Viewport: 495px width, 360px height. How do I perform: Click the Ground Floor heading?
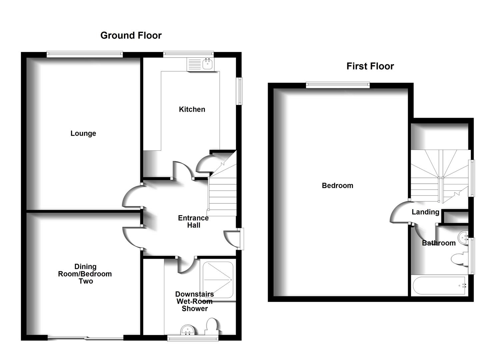click(x=131, y=35)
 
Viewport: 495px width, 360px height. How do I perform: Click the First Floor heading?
click(x=370, y=66)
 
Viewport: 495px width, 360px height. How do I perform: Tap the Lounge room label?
click(x=83, y=133)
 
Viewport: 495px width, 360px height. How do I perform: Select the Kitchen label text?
click(x=192, y=109)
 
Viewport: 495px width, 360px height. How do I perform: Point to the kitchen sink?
click(x=202, y=64)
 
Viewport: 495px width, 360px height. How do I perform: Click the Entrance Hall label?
click(x=193, y=222)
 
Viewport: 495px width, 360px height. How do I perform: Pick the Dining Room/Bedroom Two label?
click(x=85, y=274)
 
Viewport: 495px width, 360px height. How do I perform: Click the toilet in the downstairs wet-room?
click(x=211, y=326)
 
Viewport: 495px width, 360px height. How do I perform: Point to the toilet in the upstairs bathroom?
click(x=459, y=259)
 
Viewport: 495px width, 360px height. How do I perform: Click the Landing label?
click(x=425, y=212)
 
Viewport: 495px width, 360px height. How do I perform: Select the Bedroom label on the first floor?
click(x=337, y=186)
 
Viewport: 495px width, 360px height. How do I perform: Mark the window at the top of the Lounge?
click(x=85, y=54)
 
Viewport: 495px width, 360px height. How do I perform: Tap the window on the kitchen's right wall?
click(x=239, y=91)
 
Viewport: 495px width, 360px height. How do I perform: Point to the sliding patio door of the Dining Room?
click(x=85, y=338)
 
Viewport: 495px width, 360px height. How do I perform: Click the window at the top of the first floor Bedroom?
click(x=338, y=85)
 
